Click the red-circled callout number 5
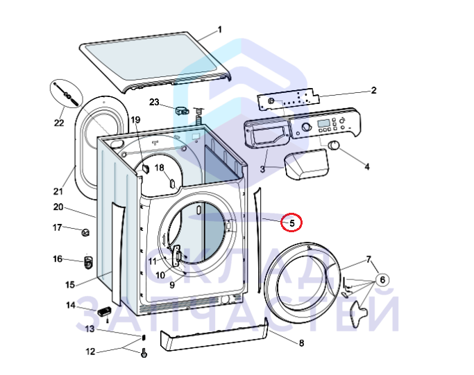coord(291,223)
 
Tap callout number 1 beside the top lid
coord(220,30)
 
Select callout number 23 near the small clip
coord(154,102)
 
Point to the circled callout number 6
coord(382,280)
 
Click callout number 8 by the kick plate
coord(301,343)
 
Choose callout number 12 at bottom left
coord(90,351)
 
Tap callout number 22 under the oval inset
coord(59,123)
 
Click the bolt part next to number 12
coord(144,353)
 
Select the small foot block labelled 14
coord(104,311)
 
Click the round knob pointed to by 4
coord(334,145)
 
